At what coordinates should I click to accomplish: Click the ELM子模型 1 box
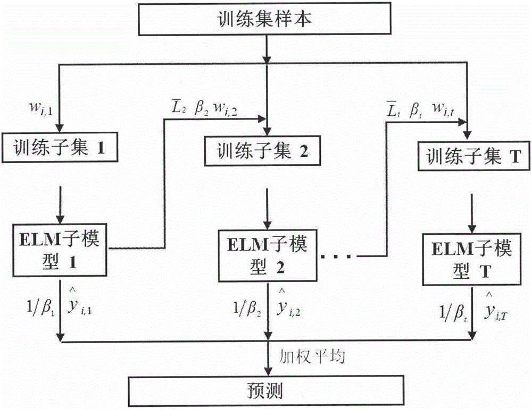[61, 246]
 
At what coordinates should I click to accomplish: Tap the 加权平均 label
[313, 357]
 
